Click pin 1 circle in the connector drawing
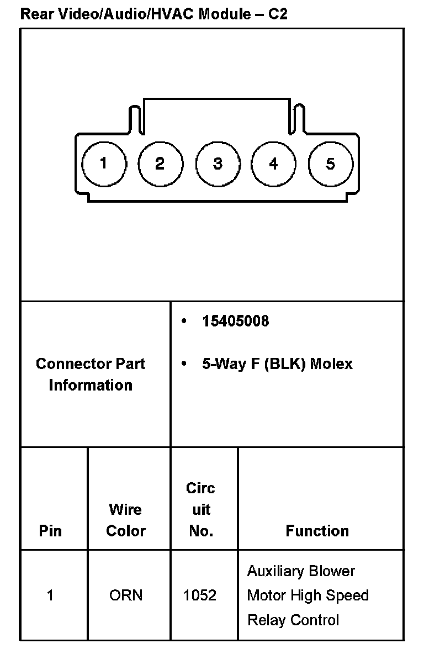[x=104, y=164]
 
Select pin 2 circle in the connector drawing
[x=160, y=164]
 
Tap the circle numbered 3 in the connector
[x=218, y=164]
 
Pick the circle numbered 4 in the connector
[x=273, y=164]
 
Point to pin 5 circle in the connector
[x=330, y=164]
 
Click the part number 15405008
[x=236, y=321]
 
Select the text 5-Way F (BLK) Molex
[x=277, y=364]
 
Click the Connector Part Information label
[x=91, y=375]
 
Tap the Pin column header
[x=50, y=531]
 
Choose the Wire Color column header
[x=126, y=520]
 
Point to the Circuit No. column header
[x=200, y=509]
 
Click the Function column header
[x=317, y=531]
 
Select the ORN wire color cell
[x=126, y=595]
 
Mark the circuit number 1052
[x=200, y=595]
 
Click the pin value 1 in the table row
[x=50, y=595]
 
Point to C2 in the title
[x=278, y=14]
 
